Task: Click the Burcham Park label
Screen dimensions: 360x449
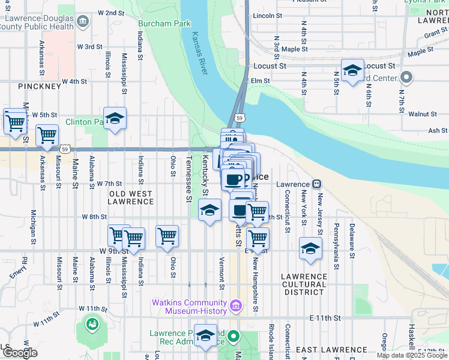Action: coord(164,23)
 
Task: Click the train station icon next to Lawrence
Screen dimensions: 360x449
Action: coord(316,184)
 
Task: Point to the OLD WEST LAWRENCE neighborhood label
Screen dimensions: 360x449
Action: coord(130,197)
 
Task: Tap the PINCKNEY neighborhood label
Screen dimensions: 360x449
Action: coord(40,86)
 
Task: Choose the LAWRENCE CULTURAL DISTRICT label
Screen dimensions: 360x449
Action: coord(304,284)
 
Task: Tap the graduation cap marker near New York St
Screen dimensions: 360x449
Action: coord(310,248)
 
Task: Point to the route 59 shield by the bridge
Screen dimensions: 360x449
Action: coord(239,118)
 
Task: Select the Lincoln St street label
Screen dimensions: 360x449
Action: coord(268,16)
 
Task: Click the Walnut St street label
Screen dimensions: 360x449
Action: coord(423,114)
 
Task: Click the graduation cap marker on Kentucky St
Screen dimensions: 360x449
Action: coord(209,211)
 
